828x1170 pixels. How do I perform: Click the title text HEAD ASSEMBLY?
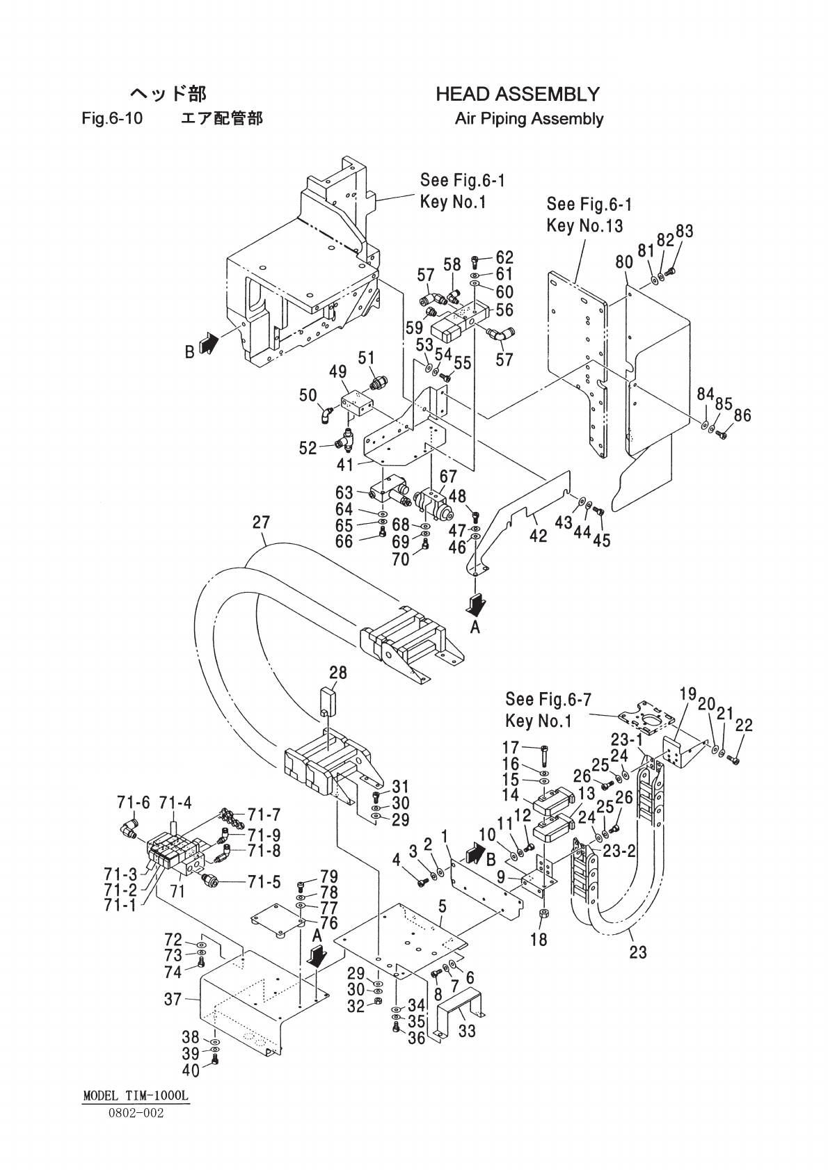tap(518, 94)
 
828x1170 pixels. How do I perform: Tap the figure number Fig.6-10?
tap(112, 118)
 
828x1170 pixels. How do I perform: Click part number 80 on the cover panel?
tap(624, 262)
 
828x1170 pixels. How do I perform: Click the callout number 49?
tap(338, 372)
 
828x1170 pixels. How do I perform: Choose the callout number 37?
tap(173, 999)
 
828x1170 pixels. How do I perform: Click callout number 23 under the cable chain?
tap(638, 952)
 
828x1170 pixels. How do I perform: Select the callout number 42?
tap(538, 536)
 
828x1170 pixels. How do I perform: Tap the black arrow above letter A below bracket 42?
tap(476, 605)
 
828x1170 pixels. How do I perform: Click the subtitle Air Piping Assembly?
tap(529, 119)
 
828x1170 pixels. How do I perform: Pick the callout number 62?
tap(504, 257)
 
